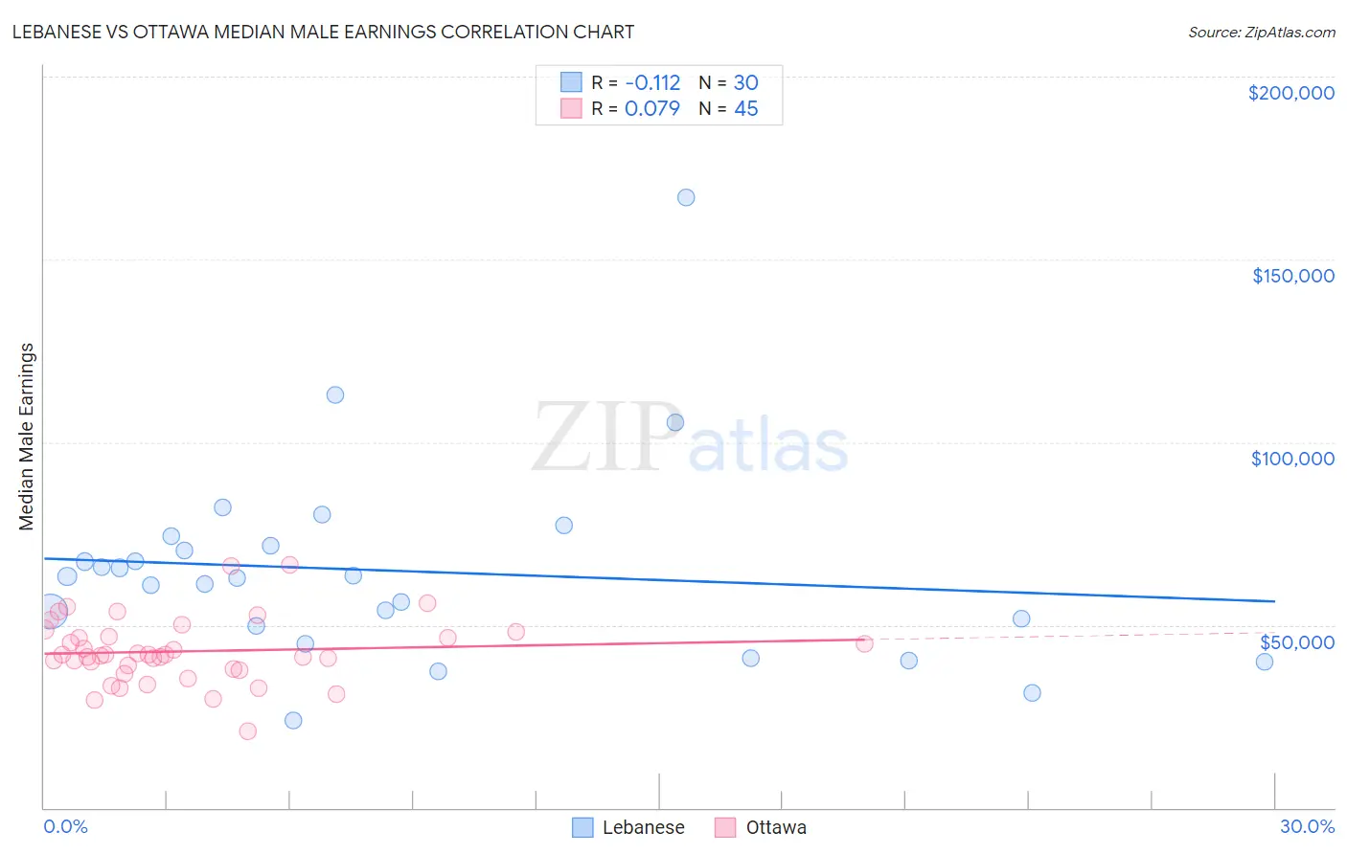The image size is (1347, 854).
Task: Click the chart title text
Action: (323, 32)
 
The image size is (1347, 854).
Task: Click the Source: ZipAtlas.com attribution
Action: (1261, 33)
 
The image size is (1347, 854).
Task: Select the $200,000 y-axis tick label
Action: (1290, 93)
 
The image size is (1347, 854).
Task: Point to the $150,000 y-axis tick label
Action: (1292, 276)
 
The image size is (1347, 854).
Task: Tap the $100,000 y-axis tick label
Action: (1292, 459)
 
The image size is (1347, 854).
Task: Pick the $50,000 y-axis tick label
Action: (1296, 642)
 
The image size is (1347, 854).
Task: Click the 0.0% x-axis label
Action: (65, 826)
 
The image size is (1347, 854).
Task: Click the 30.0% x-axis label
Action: (1307, 826)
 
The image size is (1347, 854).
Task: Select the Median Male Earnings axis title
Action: (26, 436)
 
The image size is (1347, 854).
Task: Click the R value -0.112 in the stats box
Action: (652, 83)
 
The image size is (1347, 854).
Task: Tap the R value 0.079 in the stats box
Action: (652, 109)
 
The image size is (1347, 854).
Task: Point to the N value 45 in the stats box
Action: (745, 109)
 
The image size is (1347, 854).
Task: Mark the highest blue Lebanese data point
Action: (686, 197)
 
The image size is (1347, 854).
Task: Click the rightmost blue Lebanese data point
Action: (1265, 662)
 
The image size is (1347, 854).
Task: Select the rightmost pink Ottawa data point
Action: (864, 643)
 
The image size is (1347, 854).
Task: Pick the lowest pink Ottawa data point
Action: (248, 731)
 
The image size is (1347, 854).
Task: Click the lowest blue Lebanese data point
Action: (293, 720)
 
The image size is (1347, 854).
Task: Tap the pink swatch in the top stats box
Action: (571, 108)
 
